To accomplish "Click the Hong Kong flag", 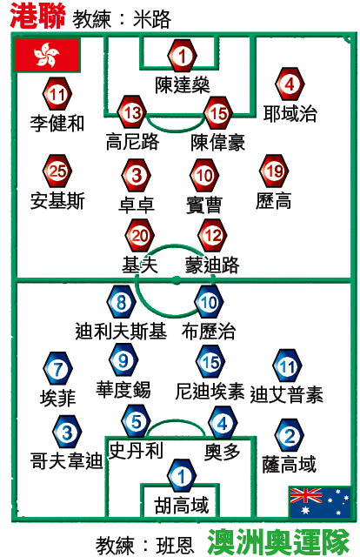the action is click(47, 56).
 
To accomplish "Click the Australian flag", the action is click(320, 502).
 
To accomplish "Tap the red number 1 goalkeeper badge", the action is click(182, 56).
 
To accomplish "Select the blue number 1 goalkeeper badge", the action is click(182, 475).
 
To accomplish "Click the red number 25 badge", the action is click(57, 171).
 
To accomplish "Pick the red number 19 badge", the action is click(274, 171).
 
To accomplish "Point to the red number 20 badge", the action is click(139, 235).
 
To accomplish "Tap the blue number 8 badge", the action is click(121, 302).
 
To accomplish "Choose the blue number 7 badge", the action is click(58, 368).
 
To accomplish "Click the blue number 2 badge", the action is click(290, 435).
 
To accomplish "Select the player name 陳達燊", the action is click(182, 85).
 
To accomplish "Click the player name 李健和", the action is click(57, 124).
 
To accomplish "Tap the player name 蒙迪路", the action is click(212, 265).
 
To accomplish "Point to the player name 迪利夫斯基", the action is click(121, 331).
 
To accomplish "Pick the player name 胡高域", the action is click(182, 505).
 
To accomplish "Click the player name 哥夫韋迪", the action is click(66, 460).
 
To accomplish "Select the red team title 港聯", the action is click(37, 16).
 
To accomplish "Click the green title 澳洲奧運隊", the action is click(279, 542).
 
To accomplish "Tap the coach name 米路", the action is click(152, 19).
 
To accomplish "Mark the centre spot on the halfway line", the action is click(177, 280).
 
